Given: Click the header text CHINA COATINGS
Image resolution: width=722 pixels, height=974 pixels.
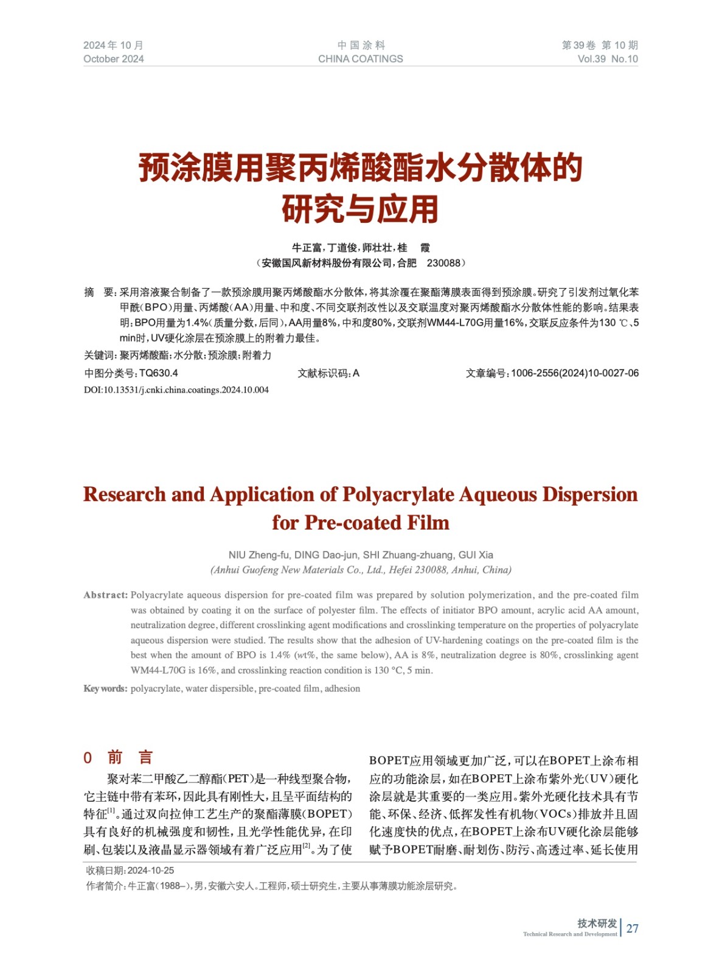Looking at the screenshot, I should click(x=360, y=59).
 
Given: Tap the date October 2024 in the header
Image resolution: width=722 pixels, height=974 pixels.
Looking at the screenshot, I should click(x=114, y=59).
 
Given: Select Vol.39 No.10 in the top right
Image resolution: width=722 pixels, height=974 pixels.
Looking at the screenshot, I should click(x=607, y=59).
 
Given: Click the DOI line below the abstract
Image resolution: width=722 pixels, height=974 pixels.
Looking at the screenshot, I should click(x=176, y=390).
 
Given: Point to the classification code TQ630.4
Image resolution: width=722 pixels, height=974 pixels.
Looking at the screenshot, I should click(x=158, y=373).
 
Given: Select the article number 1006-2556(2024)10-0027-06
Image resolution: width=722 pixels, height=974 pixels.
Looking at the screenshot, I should click(x=575, y=373).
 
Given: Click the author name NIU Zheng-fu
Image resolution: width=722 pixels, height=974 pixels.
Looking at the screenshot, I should click(x=259, y=555).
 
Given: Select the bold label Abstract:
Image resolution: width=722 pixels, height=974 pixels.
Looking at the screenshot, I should click(x=106, y=595).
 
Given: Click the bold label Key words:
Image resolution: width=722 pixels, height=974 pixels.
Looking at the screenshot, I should click(x=105, y=688).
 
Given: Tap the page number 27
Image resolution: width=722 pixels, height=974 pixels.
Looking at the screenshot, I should click(x=633, y=928).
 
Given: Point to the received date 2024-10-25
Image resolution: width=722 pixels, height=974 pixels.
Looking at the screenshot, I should click(x=151, y=871).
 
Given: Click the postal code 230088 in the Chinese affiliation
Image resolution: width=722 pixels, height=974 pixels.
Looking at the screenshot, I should click(x=443, y=263).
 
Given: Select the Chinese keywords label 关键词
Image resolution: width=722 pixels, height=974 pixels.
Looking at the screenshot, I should click(x=99, y=356).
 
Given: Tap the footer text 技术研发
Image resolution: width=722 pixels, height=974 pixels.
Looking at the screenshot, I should click(x=597, y=923).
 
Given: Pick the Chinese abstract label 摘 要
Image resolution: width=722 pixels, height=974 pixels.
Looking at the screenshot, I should click(x=99, y=293).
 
